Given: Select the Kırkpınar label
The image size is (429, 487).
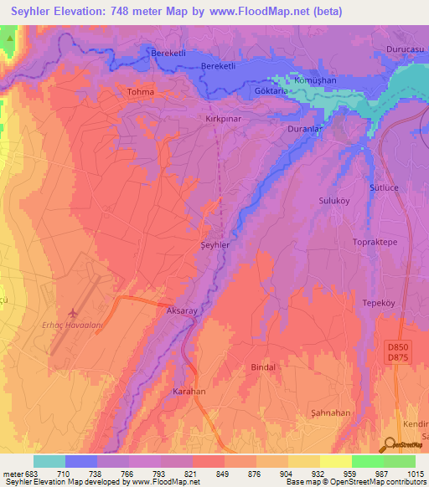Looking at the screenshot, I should coord(224,120).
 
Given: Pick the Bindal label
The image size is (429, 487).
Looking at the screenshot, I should coord(263,367).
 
